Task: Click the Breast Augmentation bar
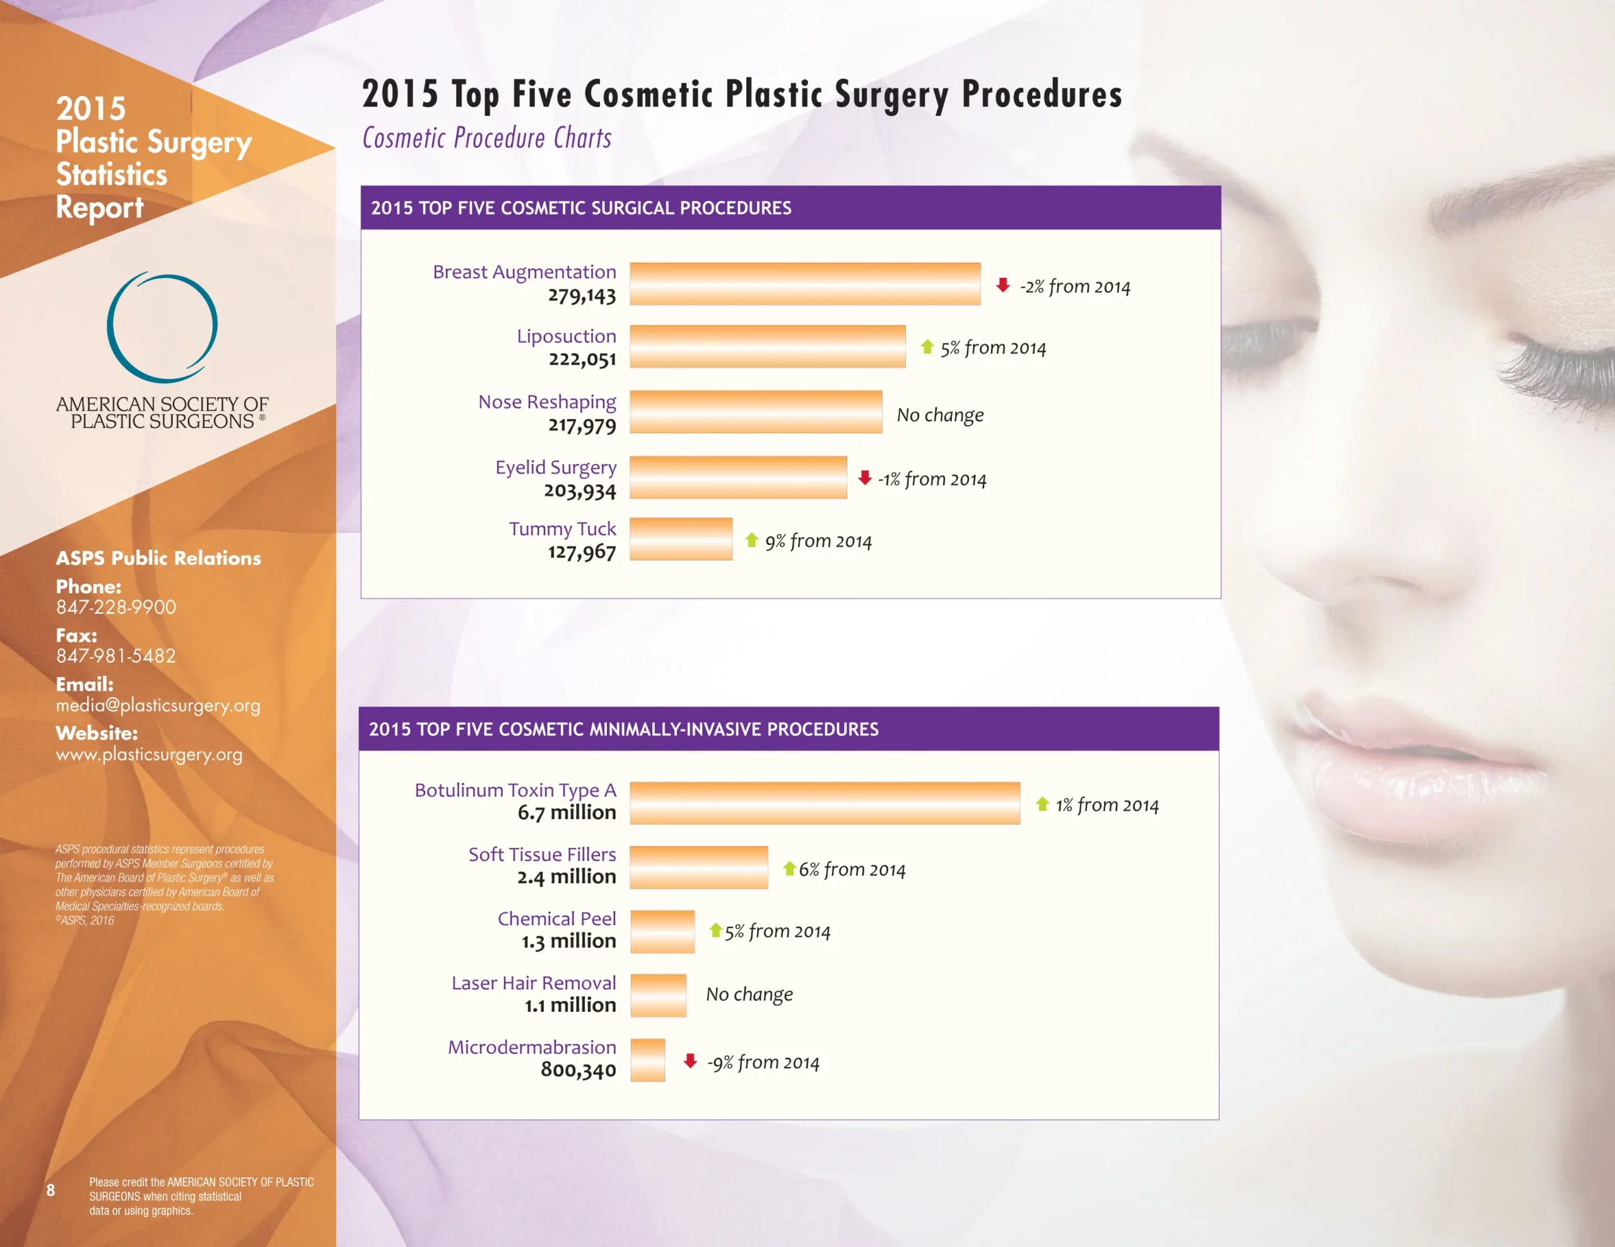pyautogui.click(x=804, y=284)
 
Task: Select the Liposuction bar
pyautogui.click(x=767, y=347)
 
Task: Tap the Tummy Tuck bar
pyautogui.click(x=680, y=539)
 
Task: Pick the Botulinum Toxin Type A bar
pyautogui.click(x=825, y=803)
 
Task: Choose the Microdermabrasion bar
pyautogui.click(x=647, y=1060)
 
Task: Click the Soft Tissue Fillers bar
pyautogui.click(x=699, y=867)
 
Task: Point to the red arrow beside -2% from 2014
pyautogui.click(x=1002, y=286)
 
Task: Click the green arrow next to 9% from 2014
pyautogui.click(x=752, y=540)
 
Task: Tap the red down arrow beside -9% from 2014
pyautogui.click(x=690, y=1062)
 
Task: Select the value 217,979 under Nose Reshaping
pyautogui.click(x=582, y=426)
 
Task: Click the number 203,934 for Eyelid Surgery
pyautogui.click(x=580, y=491)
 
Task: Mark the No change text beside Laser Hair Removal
pyautogui.click(x=749, y=994)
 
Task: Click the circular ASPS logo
pyautogui.click(x=162, y=327)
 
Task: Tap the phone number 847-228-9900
pyautogui.click(x=116, y=607)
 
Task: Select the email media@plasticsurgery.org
pyautogui.click(x=158, y=705)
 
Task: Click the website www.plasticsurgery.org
pyautogui.click(x=149, y=755)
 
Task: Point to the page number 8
pyautogui.click(x=50, y=1190)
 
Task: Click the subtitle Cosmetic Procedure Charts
pyautogui.click(x=486, y=138)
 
